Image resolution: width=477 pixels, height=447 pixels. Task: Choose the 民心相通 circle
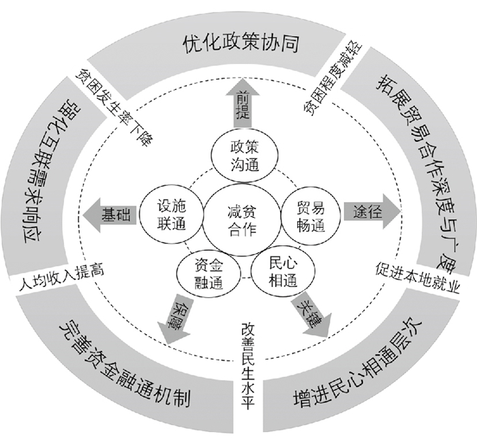tap(279, 268)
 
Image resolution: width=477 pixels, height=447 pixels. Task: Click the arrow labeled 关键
tap(311, 313)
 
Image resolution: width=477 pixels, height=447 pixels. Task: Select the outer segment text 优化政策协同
tap(242, 45)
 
